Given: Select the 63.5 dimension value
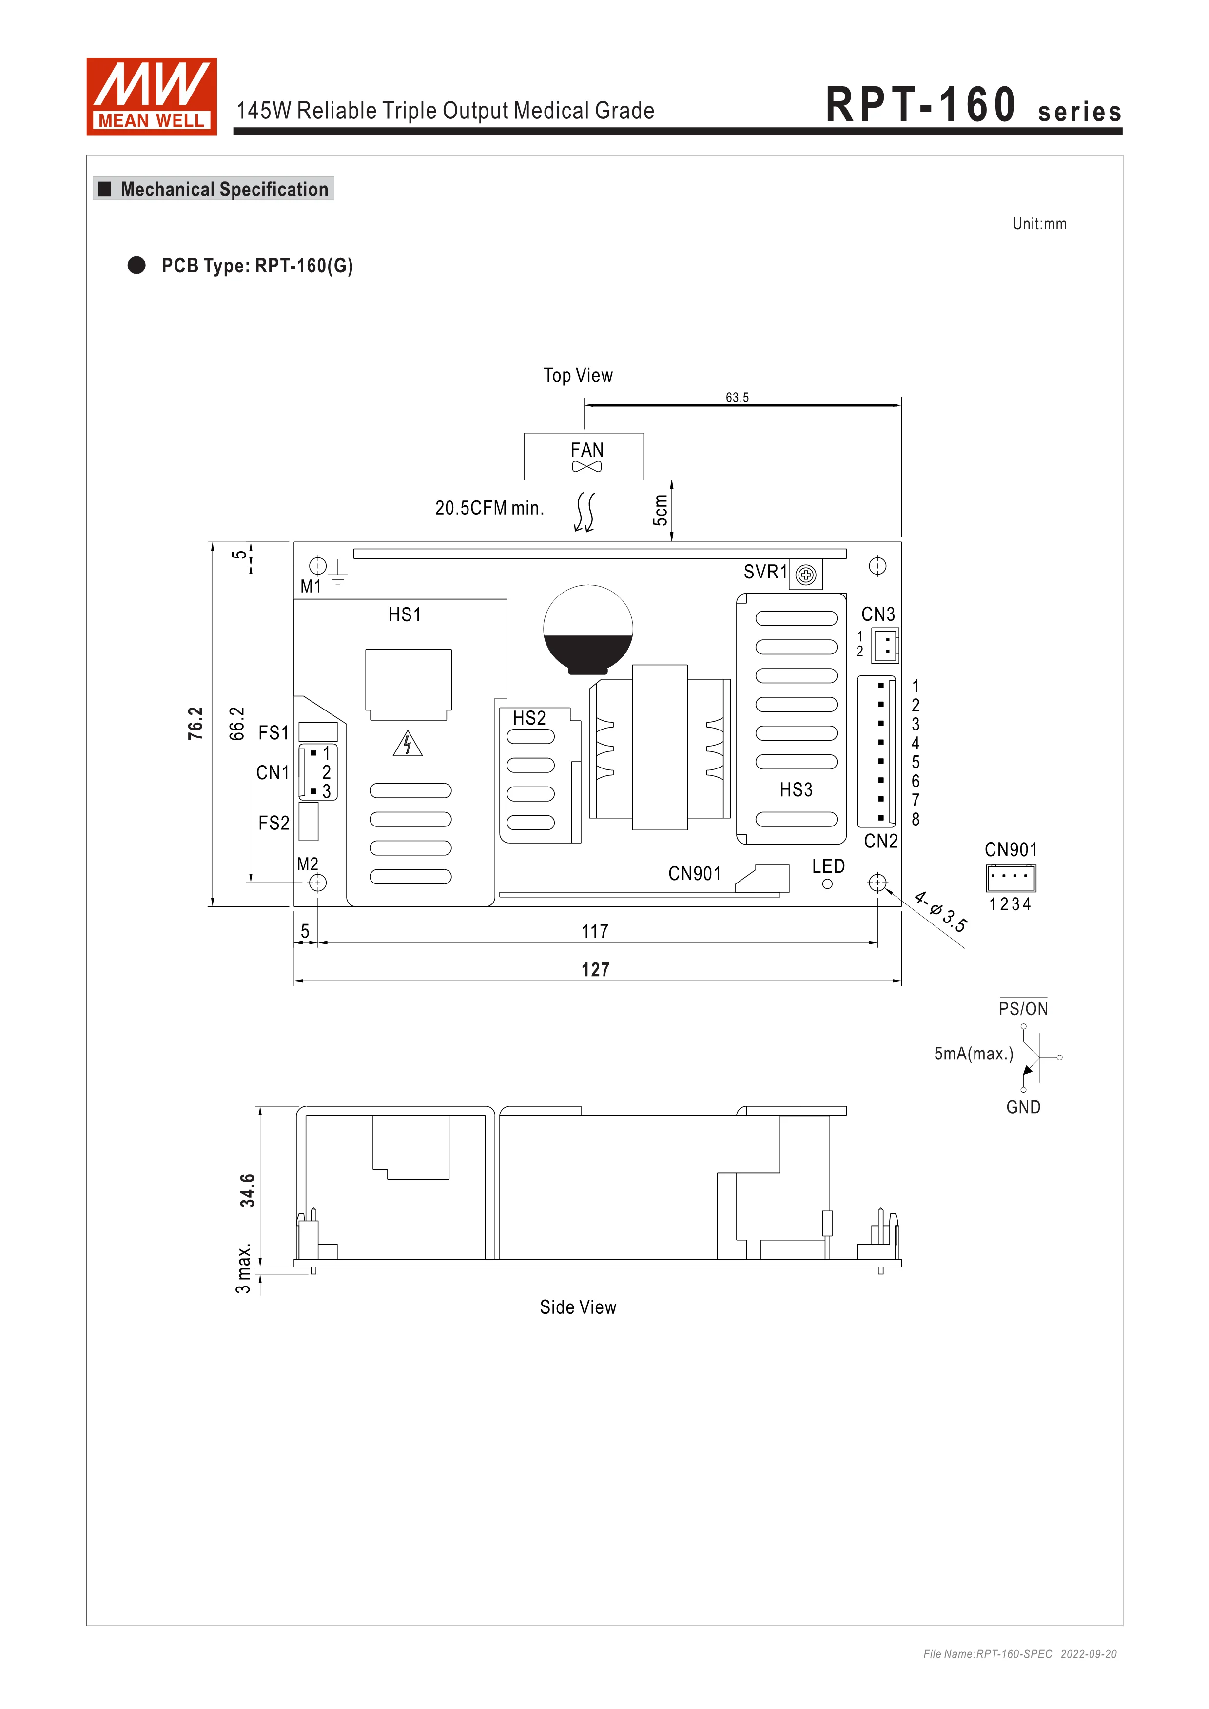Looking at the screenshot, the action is click(x=737, y=398).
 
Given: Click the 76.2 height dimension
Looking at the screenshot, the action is click(x=195, y=724).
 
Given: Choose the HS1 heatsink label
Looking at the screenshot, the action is click(x=405, y=615).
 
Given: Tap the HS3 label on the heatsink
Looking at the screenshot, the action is click(x=796, y=790).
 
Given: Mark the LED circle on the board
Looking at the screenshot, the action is click(x=827, y=884).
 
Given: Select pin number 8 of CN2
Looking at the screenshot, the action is click(x=916, y=820).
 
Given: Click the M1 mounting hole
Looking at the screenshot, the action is click(x=318, y=566).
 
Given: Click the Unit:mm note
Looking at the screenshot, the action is click(x=1039, y=224).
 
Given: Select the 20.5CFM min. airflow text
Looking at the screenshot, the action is click(x=489, y=508).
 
